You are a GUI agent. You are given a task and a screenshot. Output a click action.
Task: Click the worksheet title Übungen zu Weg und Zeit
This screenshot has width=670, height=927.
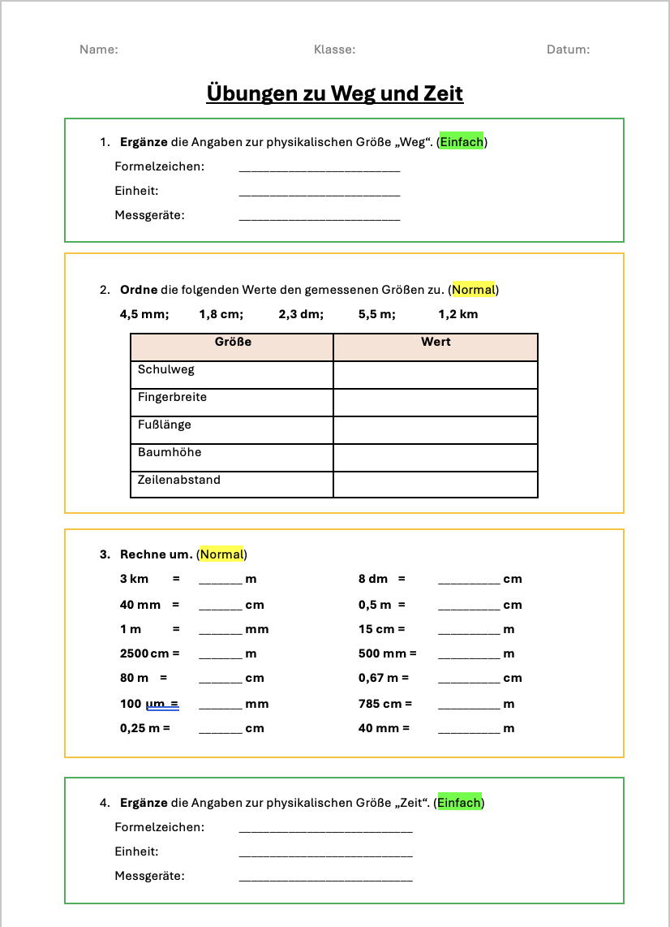335,93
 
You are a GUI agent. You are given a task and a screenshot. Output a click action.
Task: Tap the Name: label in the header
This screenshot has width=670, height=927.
99,50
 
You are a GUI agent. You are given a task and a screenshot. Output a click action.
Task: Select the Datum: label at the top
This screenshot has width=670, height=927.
568,50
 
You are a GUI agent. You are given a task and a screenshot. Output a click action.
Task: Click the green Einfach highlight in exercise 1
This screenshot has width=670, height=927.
462,142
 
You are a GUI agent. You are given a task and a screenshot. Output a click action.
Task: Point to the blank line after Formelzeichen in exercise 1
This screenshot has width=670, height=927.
320,169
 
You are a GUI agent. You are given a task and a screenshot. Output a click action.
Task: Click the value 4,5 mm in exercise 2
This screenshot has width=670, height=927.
144,314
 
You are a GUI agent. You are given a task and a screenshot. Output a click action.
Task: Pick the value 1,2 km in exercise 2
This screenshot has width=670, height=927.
458,314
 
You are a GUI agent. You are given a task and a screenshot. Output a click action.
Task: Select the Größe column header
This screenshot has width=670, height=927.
233,343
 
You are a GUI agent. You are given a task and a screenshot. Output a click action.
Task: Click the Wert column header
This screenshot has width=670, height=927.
436,343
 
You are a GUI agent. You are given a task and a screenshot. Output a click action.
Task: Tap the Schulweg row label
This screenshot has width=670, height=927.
166,370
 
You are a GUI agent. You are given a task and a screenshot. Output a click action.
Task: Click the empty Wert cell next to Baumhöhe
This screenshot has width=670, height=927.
436,457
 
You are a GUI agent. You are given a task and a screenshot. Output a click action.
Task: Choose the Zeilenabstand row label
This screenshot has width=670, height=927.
178,480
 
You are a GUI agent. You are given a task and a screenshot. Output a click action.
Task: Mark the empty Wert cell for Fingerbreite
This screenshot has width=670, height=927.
436,402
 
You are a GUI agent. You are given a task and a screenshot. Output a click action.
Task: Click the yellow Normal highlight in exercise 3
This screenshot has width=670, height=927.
221,554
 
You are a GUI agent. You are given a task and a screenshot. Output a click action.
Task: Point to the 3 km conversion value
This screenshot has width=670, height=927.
135,580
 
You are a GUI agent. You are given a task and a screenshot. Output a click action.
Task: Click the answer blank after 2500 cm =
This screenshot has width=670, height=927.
221,655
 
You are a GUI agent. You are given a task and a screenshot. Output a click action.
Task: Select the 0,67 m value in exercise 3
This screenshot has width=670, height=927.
378,678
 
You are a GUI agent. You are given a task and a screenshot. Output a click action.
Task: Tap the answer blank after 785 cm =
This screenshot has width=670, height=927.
469,705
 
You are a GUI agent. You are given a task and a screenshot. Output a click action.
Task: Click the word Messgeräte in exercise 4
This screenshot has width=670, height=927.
149,877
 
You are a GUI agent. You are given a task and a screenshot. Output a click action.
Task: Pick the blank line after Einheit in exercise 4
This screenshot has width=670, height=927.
325,854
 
